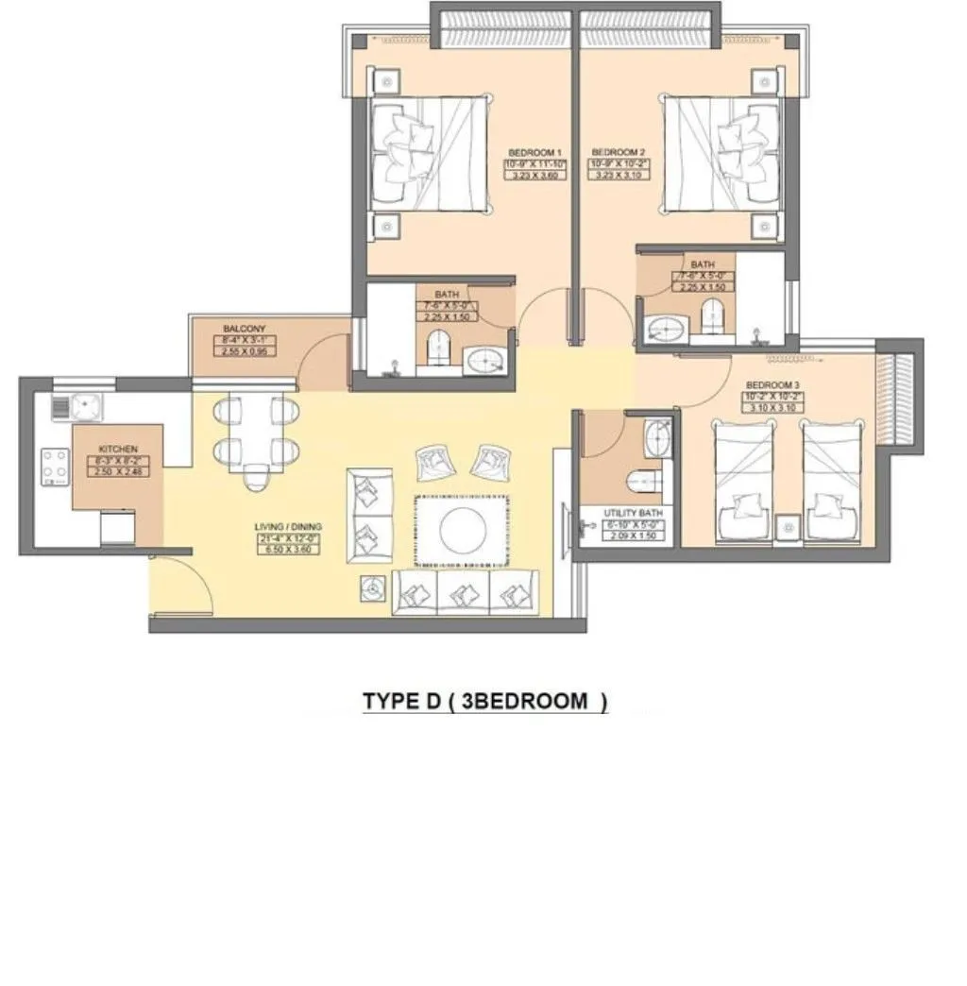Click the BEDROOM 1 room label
click(x=535, y=152)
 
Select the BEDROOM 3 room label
click(x=772, y=385)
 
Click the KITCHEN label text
click(x=118, y=449)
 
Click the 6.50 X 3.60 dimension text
click(x=289, y=549)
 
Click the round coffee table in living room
click(x=463, y=529)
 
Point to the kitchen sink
click(x=86, y=407)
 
